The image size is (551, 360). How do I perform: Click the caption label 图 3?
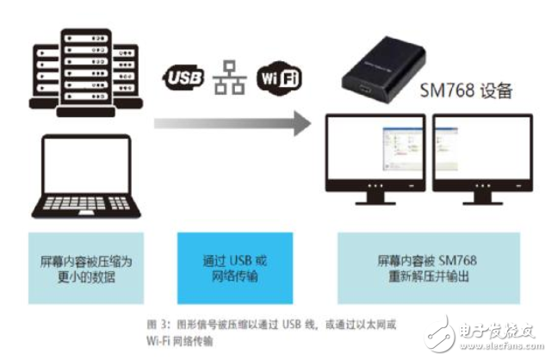coord(155,326)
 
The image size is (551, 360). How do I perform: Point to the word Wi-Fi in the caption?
coord(160,341)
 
